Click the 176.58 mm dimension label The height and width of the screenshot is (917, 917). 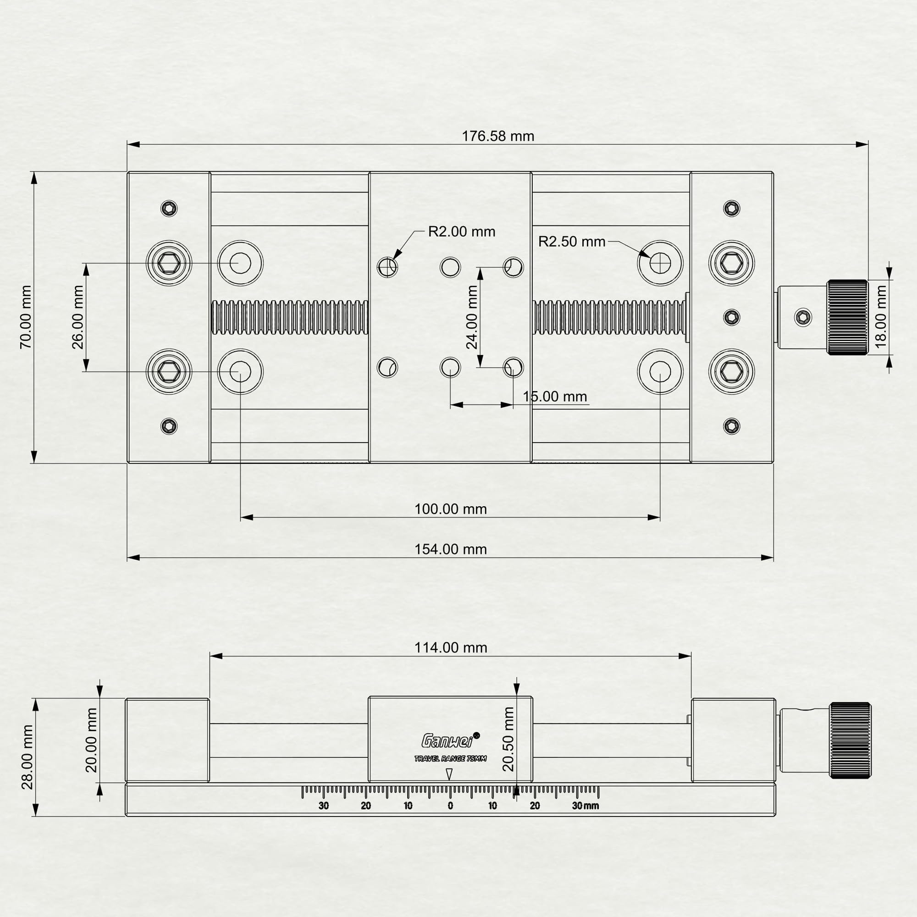[x=498, y=136]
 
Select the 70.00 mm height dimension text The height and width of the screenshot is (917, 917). [x=26, y=317]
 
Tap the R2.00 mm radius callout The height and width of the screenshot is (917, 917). [x=461, y=232]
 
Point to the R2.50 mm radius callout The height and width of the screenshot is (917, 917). [x=571, y=242]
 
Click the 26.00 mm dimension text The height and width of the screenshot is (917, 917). [x=78, y=317]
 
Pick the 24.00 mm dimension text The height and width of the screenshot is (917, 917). [x=472, y=317]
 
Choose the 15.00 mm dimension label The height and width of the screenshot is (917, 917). [x=555, y=396]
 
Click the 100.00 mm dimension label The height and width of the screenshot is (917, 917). [x=450, y=509]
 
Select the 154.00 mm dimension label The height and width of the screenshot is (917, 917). [x=450, y=549]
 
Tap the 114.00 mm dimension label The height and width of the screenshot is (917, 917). [x=450, y=647]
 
